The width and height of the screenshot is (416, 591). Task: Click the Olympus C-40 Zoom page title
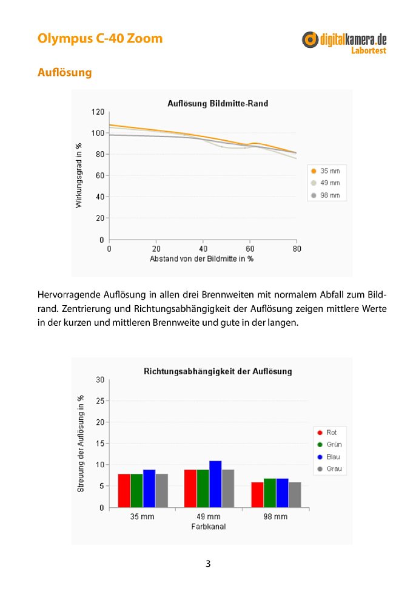(x=100, y=39)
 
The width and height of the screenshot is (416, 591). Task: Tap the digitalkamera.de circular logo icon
(x=310, y=39)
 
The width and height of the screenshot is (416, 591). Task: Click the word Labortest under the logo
(x=369, y=50)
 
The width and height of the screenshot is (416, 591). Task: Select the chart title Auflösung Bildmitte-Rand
(x=218, y=104)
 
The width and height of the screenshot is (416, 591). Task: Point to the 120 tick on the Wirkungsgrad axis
(x=98, y=112)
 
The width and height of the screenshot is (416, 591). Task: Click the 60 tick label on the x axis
(x=250, y=249)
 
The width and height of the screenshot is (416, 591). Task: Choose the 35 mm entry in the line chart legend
(x=326, y=171)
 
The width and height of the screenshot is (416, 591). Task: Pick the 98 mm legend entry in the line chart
(x=326, y=195)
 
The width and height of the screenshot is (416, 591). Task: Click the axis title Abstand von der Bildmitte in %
(x=201, y=259)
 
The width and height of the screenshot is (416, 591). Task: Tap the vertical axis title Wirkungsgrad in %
(x=79, y=175)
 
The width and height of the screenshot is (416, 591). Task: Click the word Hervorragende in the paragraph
(x=69, y=295)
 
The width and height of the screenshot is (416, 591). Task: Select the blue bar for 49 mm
(x=215, y=484)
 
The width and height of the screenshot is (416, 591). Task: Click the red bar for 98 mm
(x=257, y=495)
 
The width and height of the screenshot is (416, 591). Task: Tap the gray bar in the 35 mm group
(x=162, y=491)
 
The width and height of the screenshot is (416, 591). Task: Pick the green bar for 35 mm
(x=137, y=491)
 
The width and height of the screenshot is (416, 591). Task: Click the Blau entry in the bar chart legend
(x=329, y=457)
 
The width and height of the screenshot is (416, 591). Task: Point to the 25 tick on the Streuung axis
(x=100, y=401)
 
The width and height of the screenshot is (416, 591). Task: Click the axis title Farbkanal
(x=209, y=527)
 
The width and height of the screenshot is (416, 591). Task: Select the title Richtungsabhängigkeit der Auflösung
(x=218, y=371)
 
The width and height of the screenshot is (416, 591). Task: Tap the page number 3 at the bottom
(x=208, y=564)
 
